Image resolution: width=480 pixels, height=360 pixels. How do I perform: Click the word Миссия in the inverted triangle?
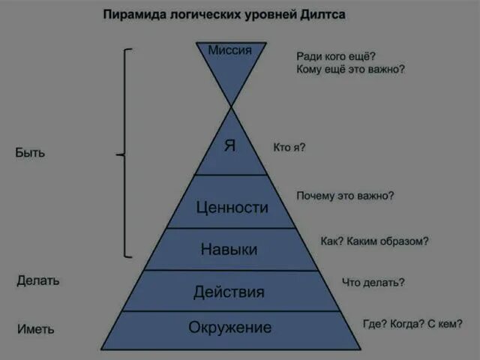(x=229, y=50)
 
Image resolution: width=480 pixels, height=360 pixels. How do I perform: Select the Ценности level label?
(x=232, y=207)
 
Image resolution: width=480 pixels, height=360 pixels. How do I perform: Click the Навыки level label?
(x=229, y=249)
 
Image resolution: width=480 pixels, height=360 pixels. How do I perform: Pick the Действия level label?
(x=229, y=292)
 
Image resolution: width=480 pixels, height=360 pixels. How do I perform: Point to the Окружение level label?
(x=229, y=328)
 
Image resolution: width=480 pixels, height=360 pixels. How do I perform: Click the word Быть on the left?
(x=30, y=152)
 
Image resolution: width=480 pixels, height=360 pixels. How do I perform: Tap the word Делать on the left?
(x=38, y=280)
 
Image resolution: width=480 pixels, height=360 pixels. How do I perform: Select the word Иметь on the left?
(x=35, y=328)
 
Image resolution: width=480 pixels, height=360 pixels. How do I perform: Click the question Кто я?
(x=289, y=148)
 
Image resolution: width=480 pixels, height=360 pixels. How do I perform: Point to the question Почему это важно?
(x=345, y=196)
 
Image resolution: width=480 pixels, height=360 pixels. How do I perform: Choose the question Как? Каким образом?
(x=374, y=241)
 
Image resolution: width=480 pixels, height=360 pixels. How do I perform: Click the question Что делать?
(x=373, y=282)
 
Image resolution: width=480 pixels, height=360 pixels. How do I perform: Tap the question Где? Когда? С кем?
(x=412, y=324)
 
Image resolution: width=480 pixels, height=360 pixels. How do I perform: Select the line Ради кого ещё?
(x=336, y=55)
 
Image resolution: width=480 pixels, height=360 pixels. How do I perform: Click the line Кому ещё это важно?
(x=351, y=69)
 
